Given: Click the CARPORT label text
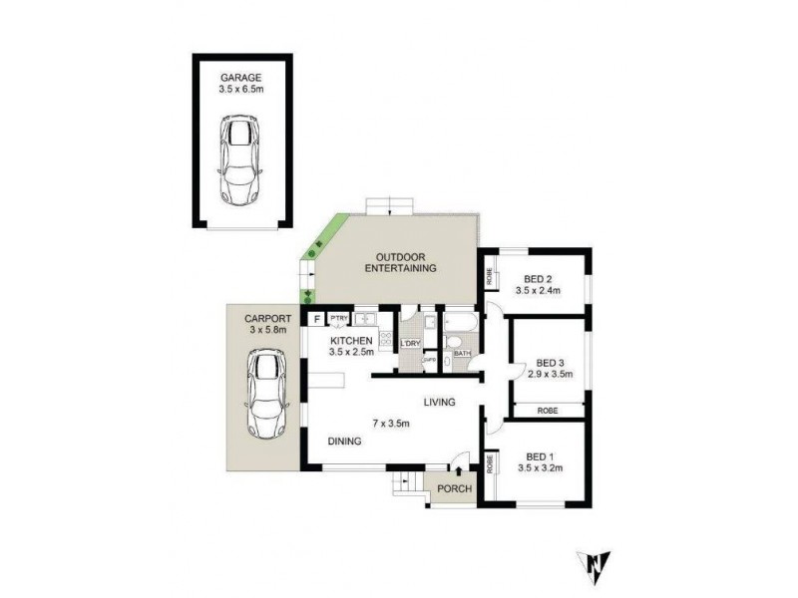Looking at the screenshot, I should point(254,316).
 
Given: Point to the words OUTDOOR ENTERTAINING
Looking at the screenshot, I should point(401,262).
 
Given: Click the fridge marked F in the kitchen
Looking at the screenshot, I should point(316,319).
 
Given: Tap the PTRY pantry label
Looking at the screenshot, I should point(338,319).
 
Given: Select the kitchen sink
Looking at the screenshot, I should point(364,320).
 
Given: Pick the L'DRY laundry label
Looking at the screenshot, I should point(410,345).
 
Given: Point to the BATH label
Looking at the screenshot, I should point(462,353).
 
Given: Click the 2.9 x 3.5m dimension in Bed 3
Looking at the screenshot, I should point(551,374).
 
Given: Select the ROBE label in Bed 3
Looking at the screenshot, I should point(547,410).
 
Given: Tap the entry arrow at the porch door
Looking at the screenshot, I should point(458,470).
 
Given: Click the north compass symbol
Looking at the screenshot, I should point(595,565).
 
